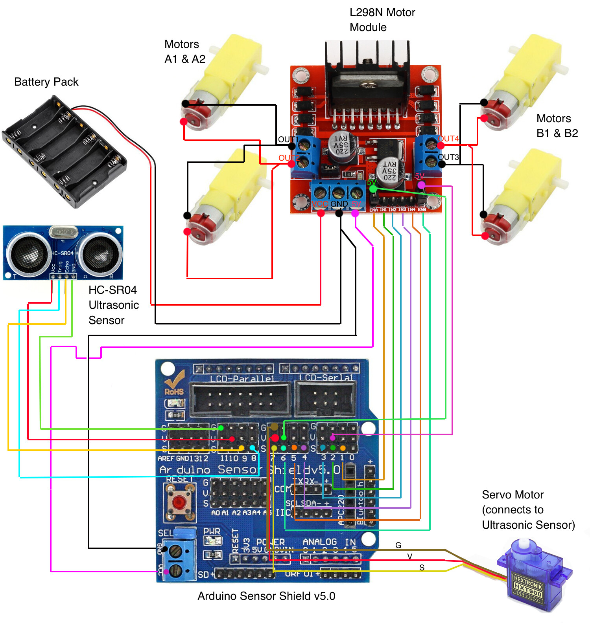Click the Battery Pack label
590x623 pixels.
[x=46, y=82]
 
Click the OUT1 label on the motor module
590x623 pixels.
[x=287, y=139]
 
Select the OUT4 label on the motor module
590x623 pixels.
[x=449, y=139]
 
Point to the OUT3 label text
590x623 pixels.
[x=448, y=157]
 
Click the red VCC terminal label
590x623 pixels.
[x=319, y=204]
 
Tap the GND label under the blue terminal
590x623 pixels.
[x=339, y=204]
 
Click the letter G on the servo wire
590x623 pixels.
[x=398, y=545]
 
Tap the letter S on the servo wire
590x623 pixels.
[x=422, y=568]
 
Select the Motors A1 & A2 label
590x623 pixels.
[x=185, y=51]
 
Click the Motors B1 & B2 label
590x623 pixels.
[x=557, y=126]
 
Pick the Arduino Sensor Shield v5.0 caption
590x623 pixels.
[x=266, y=596]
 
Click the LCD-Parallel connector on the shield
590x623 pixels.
[x=240, y=399]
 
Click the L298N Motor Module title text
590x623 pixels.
[x=382, y=20]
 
